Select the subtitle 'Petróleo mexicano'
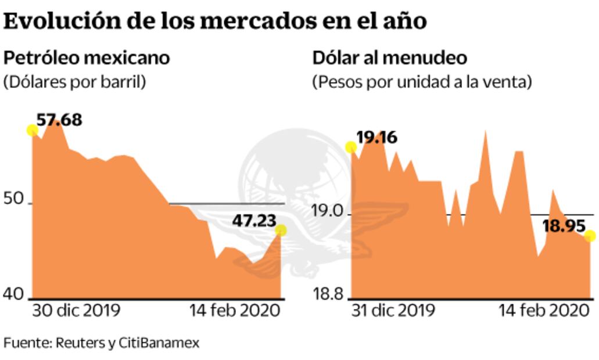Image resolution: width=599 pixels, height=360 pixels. pyautogui.click(x=87, y=58)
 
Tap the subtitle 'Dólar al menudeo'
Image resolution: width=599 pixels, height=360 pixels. pyautogui.click(x=390, y=58)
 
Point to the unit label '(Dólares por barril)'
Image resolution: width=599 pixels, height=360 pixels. pyautogui.click(x=74, y=82)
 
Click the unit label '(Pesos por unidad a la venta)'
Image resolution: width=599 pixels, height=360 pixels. pyautogui.click(x=422, y=82)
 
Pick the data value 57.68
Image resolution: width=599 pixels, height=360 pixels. pyautogui.click(x=59, y=120)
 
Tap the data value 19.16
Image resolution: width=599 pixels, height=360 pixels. pyautogui.click(x=376, y=138)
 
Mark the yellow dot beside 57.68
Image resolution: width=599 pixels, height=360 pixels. pyautogui.click(x=33, y=130)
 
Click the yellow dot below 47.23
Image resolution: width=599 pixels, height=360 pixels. pyautogui.click(x=281, y=231)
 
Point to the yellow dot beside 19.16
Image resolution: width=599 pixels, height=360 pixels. pyautogui.click(x=351, y=147)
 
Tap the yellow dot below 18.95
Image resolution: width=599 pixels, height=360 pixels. pyautogui.click(x=590, y=236)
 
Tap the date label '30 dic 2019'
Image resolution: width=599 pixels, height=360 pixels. pyautogui.click(x=76, y=310)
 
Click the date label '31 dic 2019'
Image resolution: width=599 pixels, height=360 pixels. pyautogui.click(x=393, y=310)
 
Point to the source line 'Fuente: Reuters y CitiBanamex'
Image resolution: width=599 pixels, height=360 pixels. pyautogui.click(x=102, y=343)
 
